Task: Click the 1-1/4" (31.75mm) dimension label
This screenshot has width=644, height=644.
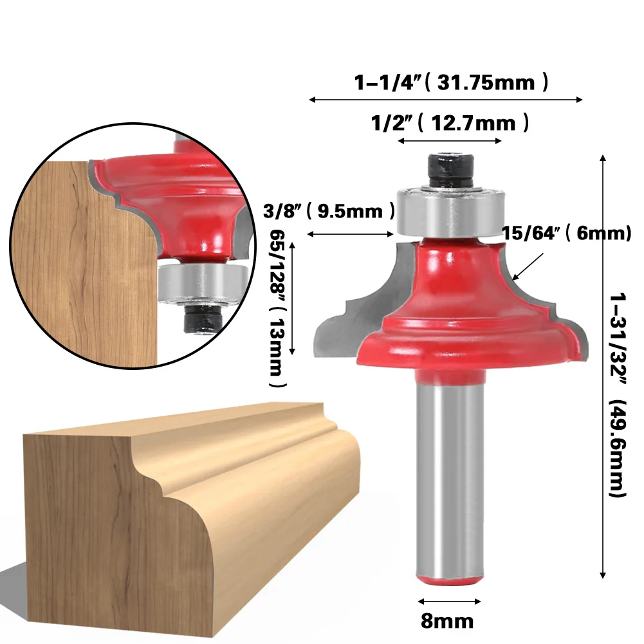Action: point(451,82)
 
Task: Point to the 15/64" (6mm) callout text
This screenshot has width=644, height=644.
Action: point(567,234)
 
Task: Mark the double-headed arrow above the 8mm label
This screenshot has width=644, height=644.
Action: point(449,602)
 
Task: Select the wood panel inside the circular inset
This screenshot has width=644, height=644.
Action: point(84,257)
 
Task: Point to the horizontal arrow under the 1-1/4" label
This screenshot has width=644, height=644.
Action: point(446,100)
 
